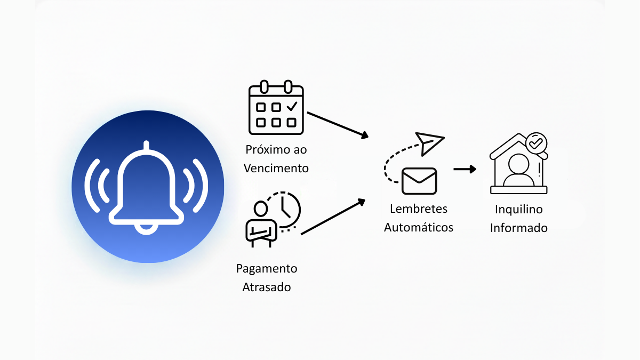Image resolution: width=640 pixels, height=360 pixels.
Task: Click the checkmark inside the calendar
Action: point(291,107)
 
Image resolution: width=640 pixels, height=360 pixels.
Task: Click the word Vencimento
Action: point(276,168)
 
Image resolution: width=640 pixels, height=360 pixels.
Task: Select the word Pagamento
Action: point(267,268)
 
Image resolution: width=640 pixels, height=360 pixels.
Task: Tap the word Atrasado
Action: point(267,287)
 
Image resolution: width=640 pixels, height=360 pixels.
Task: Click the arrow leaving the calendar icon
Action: point(338,125)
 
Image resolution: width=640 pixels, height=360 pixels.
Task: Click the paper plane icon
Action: point(430,143)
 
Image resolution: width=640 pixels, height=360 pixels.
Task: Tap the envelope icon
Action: point(419,181)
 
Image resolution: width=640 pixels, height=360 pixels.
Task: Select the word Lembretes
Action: point(419,209)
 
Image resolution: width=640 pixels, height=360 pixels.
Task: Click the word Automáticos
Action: point(419,227)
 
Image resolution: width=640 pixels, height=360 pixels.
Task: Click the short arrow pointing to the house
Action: point(465,169)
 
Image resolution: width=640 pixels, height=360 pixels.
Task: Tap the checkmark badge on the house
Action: point(535,142)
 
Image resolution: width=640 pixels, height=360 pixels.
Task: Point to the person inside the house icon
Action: point(518,170)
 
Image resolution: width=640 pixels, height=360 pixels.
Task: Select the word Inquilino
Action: point(519,209)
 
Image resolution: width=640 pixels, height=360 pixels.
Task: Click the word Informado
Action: point(519,228)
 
